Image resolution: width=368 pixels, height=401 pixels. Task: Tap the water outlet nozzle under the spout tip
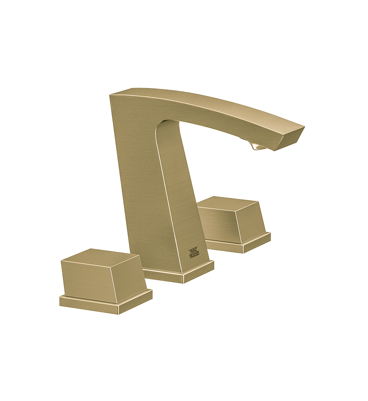click(x=257, y=147)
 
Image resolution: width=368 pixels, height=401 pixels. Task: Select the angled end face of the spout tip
click(x=291, y=138)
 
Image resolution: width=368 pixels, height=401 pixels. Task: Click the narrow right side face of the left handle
click(x=131, y=277)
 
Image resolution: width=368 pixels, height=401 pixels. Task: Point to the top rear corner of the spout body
click(x=110, y=95)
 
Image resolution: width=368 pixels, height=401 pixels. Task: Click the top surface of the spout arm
click(x=208, y=100)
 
